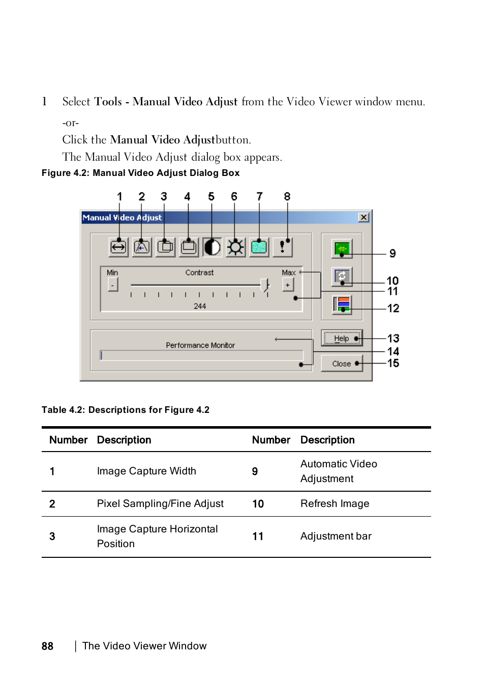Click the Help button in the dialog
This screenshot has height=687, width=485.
(x=342, y=338)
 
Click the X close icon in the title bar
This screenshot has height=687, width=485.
(x=363, y=218)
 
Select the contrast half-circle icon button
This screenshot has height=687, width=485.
(x=212, y=248)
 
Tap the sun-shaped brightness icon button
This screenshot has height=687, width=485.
(x=235, y=248)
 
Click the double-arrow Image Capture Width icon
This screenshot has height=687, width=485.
(x=118, y=248)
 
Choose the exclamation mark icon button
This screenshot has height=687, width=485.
(x=282, y=248)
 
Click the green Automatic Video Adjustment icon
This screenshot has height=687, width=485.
(x=342, y=249)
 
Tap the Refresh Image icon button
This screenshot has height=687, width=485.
(x=342, y=277)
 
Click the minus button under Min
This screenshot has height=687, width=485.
(x=112, y=285)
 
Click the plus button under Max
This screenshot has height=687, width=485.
(x=288, y=285)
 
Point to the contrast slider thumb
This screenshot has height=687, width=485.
(x=264, y=285)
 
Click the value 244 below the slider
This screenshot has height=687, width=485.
(x=200, y=306)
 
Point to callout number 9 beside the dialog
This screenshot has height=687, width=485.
(x=392, y=254)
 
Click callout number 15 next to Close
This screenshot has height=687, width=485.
(x=393, y=364)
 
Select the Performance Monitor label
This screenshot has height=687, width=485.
(x=200, y=345)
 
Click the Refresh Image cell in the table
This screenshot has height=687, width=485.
(x=335, y=503)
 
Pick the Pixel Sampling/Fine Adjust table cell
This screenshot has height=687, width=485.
(x=160, y=503)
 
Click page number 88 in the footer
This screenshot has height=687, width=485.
(x=47, y=646)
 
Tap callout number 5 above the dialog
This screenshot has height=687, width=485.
(x=211, y=197)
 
